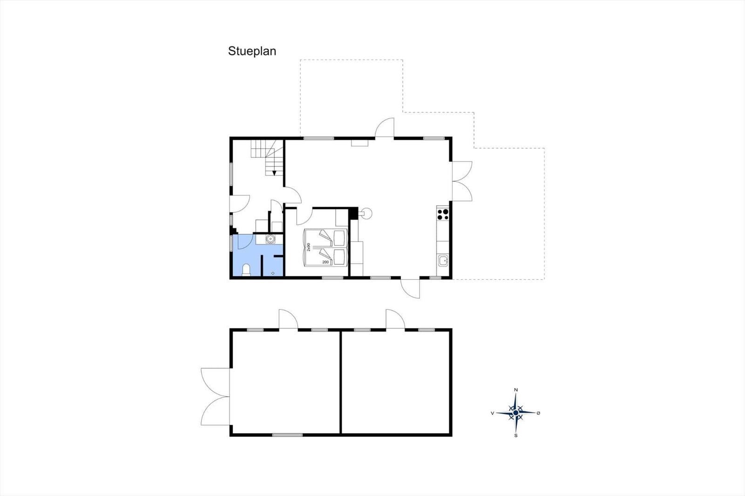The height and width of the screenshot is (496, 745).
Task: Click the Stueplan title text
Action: point(252,52)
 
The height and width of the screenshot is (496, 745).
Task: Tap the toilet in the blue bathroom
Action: point(246,270)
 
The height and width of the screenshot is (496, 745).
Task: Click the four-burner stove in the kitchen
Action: point(443,214)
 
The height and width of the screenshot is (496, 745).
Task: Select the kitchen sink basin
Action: point(443,260)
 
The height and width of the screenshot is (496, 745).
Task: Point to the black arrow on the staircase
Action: point(274,173)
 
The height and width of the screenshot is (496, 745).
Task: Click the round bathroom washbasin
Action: point(270,239)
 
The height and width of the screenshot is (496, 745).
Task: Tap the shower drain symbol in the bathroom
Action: point(273,273)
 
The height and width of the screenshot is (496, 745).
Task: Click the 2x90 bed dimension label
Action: point(309,247)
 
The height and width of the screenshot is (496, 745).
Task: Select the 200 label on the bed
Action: point(325,262)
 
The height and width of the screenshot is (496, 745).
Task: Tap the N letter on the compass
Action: point(516,389)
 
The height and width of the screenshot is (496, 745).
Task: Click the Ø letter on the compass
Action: point(538,413)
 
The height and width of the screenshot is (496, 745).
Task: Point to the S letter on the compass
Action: point(516,436)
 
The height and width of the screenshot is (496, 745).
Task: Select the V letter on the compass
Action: point(492,413)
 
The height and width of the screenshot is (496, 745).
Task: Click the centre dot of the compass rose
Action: point(516,413)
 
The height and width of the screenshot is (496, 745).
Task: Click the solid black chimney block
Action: point(353,213)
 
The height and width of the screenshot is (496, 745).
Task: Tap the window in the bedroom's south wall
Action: point(332,278)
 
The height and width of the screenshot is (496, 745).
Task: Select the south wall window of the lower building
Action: point(287,435)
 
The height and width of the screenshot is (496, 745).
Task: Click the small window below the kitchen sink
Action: point(435,278)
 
